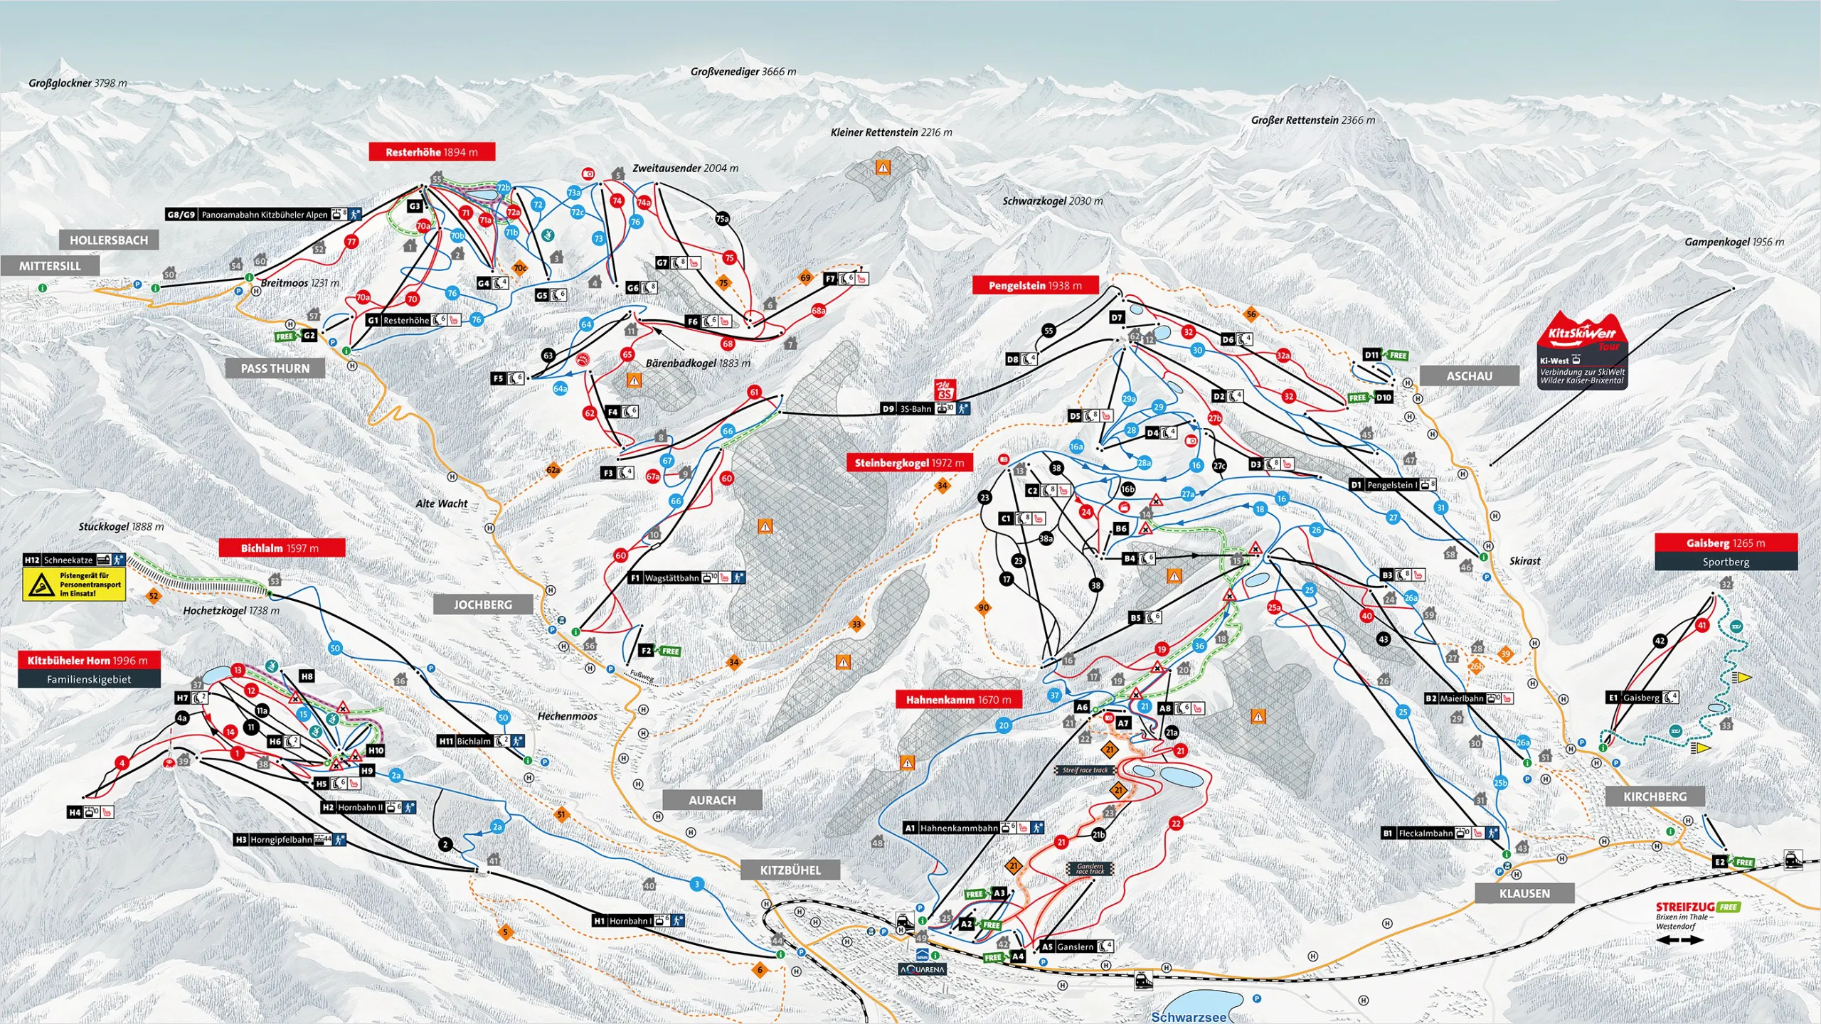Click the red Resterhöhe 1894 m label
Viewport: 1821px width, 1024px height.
432,151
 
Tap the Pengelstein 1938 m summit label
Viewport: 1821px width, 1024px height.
1035,285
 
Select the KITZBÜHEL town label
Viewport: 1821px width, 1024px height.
790,870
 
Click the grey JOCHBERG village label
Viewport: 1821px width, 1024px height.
483,604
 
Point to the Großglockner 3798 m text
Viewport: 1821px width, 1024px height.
78,82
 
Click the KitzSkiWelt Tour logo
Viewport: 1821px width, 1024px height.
1582,334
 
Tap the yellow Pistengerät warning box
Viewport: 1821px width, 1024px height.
74,584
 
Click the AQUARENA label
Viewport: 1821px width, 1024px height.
922,969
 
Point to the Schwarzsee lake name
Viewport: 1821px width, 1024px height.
1189,1017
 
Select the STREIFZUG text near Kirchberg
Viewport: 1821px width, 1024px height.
1684,907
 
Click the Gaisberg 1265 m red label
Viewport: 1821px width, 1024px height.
1726,543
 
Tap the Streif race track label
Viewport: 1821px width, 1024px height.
1085,770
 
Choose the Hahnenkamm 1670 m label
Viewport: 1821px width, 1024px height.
958,700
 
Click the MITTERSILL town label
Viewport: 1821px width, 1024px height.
50,266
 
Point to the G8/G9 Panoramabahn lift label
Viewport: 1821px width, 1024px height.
263,214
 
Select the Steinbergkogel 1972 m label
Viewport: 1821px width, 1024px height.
909,462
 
